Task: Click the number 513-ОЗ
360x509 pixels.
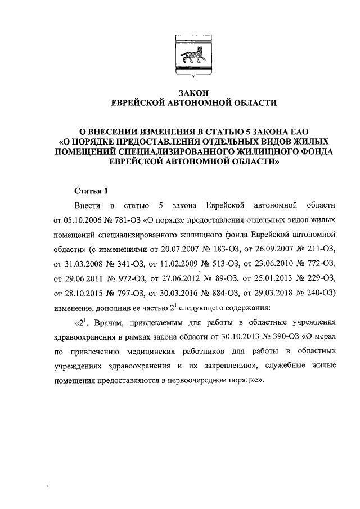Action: (225, 263)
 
